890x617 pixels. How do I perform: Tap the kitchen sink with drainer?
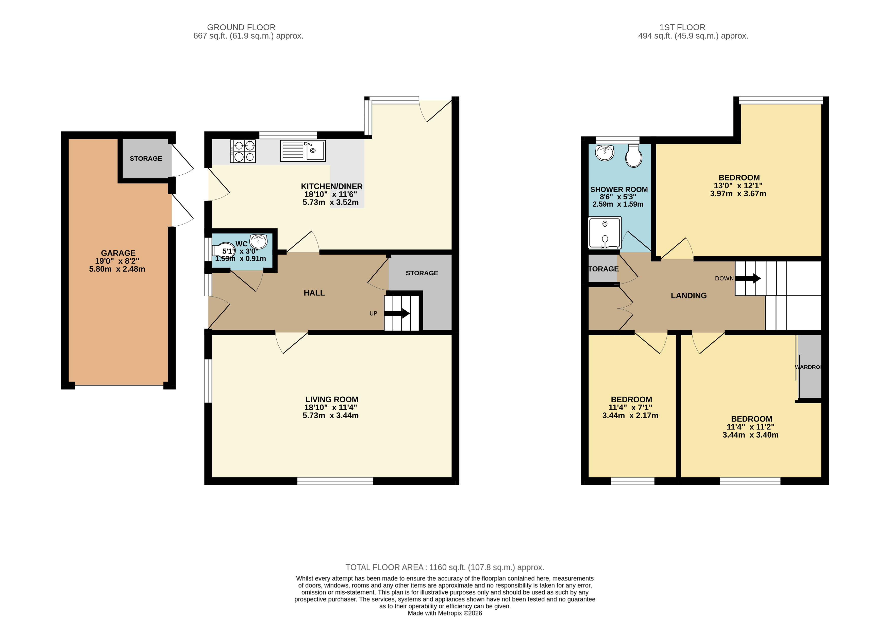pos(303,151)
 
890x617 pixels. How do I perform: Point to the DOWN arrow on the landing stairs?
pos(748,278)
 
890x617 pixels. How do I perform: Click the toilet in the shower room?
pos(633,156)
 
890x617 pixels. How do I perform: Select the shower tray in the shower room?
pos(605,233)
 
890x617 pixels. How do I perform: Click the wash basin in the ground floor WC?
pos(258,241)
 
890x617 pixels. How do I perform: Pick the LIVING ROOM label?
pos(332,399)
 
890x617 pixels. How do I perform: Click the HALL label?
pos(314,293)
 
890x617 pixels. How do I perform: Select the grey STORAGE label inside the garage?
pos(146,159)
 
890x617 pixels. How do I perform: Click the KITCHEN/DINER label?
pos(332,186)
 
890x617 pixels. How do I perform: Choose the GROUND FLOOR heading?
pos(241,27)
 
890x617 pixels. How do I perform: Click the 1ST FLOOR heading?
pos(682,27)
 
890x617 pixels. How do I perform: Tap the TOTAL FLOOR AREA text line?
pos(444,567)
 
